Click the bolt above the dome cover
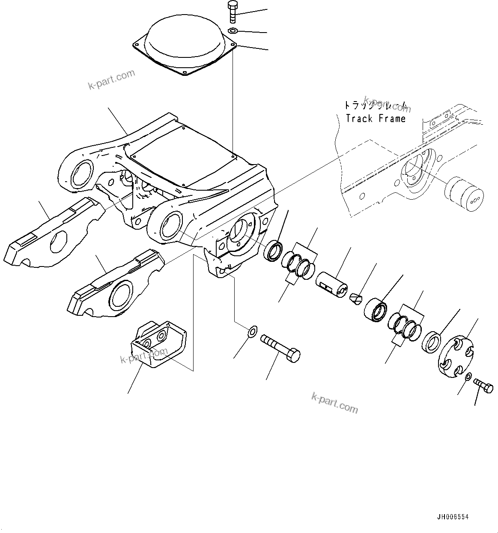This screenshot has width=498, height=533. coord(232,12)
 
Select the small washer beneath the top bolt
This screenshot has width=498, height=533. coord(233,30)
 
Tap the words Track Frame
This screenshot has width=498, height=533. coord(376,119)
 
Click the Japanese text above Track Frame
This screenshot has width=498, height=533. coord(376,105)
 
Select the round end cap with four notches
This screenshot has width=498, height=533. coord(457,358)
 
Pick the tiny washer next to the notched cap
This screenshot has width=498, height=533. coord(468,377)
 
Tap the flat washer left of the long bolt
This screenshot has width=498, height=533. coord(252,330)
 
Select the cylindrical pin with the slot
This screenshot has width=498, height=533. coord(332,284)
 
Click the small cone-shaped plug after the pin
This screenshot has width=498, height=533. coord(355,297)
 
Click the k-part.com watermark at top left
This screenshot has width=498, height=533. coord(111,80)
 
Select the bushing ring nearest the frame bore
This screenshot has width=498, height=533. coord(273,251)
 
